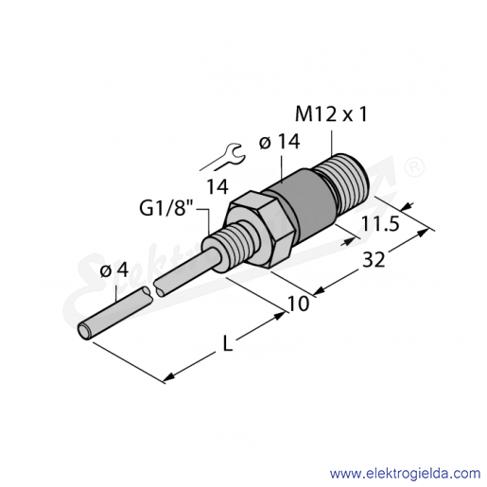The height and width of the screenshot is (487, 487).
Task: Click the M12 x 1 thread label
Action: point(331,114)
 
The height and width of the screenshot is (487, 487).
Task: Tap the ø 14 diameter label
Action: point(279,142)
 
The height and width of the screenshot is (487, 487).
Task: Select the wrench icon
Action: point(222,157)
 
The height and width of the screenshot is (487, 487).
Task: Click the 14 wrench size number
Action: point(217,186)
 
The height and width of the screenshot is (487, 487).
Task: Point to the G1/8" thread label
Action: point(167,208)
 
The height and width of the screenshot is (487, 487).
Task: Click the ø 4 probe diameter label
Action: point(114,270)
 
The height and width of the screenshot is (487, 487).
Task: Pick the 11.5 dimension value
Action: point(380,224)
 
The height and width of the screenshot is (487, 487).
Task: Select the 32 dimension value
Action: point(374,260)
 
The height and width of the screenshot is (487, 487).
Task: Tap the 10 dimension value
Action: point(298,304)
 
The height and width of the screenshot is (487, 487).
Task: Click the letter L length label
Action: point(227,343)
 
